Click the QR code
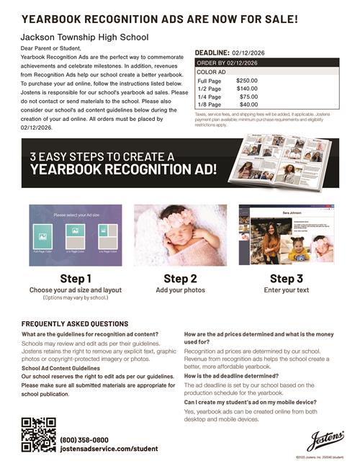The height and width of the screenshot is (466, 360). (x=38, y=434)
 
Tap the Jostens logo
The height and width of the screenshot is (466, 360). (x=325, y=439)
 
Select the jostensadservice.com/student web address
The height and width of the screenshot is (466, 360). (x=109, y=448)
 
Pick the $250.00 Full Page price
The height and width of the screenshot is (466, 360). (x=247, y=81)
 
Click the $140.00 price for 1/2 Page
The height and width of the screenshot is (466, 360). (x=247, y=89)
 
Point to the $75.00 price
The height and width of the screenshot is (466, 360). (x=248, y=97)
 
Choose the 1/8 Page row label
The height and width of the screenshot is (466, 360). (x=210, y=104)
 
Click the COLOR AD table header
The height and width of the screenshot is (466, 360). (x=212, y=72)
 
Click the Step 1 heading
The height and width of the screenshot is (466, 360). (x=76, y=278)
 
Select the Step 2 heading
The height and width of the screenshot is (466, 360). (x=180, y=278)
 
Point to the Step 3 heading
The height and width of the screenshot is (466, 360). (x=287, y=278)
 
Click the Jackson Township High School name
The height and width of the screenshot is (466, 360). (x=85, y=36)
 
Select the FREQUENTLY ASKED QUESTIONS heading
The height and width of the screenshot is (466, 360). (x=75, y=324)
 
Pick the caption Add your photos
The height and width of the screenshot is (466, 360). (x=180, y=290)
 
